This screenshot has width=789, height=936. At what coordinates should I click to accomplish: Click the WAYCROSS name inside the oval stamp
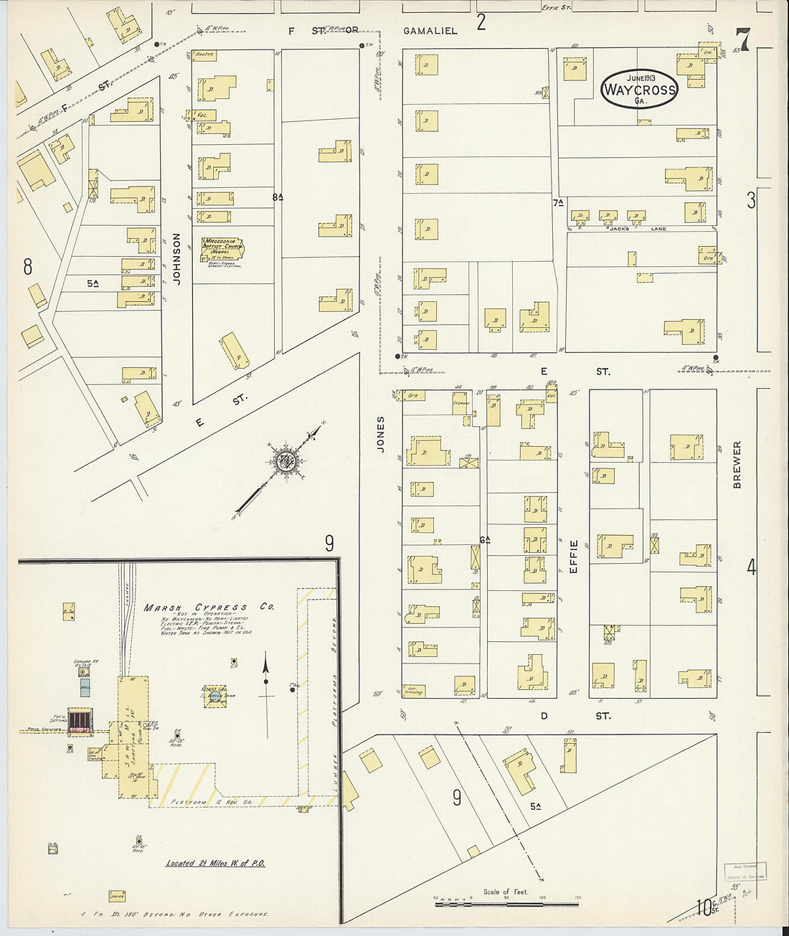(x=638, y=90)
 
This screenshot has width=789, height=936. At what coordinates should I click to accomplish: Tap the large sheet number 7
(x=742, y=40)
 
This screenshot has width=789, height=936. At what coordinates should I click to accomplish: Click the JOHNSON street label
(x=176, y=259)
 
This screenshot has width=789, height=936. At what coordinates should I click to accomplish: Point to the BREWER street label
(x=737, y=465)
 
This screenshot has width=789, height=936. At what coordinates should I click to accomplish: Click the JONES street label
(x=381, y=433)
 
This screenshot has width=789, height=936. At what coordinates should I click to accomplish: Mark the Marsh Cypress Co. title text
(x=209, y=608)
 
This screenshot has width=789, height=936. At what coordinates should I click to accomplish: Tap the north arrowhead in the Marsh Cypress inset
(x=266, y=662)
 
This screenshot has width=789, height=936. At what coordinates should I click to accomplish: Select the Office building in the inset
(x=116, y=896)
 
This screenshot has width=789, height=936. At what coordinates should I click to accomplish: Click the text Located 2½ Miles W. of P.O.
(x=215, y=863)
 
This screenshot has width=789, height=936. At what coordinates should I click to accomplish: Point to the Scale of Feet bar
(x=506, y=904)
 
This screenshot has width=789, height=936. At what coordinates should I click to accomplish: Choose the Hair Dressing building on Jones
(x=414, y=691)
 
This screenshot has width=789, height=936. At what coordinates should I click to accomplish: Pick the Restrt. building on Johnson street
(x=204, y=55)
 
